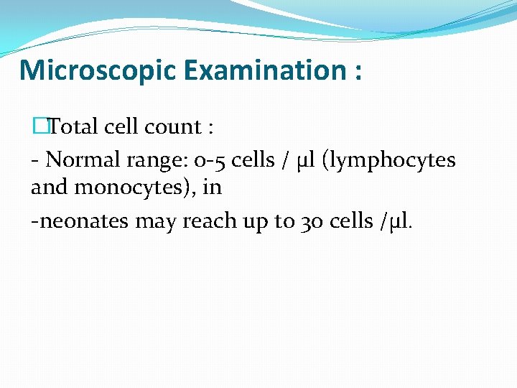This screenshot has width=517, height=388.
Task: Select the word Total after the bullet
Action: pyautogui.click(x=74, y=127)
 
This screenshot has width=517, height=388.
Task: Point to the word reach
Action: pyautogui.click(x=204, y=221)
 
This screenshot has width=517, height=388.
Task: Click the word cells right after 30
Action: pyautogui.click(x=353, y=221)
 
